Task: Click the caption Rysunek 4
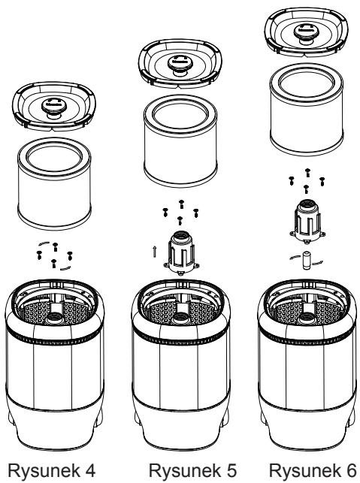[x=51, y=470]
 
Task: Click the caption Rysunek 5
[x=192, y=470]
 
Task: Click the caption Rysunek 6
[x=313, y=470]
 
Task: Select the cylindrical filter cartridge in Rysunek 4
[x=54, y=183]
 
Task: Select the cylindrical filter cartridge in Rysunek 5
[x=180, y=140]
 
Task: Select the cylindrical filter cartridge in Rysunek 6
[x=307, y=110]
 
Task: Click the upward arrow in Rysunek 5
[x=154, y=252]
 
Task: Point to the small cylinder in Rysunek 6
[x=307, y=261]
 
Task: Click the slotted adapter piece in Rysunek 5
[x=181, y=252]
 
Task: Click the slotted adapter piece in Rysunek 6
[x=307, y=221]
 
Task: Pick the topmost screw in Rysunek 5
[x=181, y=204]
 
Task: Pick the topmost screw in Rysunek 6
[x=307, y=173]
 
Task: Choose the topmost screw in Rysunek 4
[x=55, y=246]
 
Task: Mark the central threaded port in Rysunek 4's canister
[x=54, y=317]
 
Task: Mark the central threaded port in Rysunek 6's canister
[x=307, y=317]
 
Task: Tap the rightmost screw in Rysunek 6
[x=322, y=181]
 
